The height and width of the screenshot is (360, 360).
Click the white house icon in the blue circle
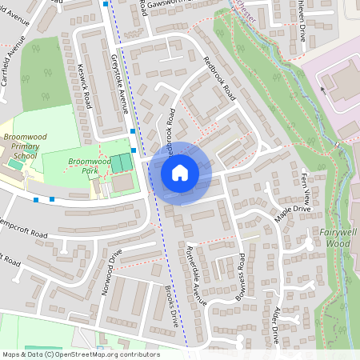(x=180, y=172)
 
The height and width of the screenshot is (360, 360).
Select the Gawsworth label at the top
(x=181, y=7)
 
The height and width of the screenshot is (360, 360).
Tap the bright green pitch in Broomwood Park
(x=120, y=163)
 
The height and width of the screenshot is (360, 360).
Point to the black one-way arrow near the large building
(x=323, y=90)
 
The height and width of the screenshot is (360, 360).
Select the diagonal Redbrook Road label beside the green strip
(x=221, y=78)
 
